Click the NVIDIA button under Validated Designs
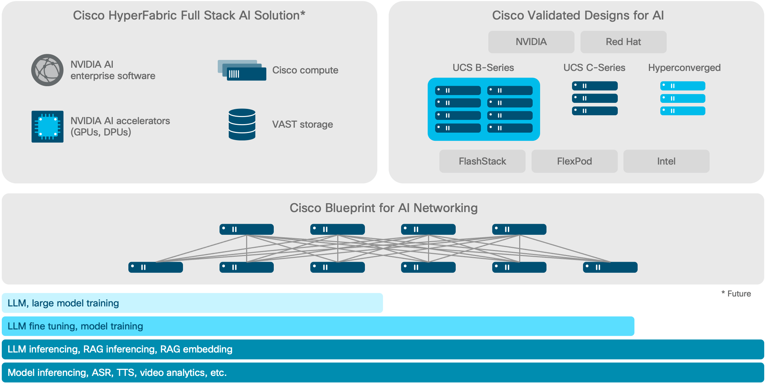coord(531,42)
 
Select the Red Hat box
coord(623,42)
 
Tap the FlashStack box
coord(482,161)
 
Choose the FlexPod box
coord(574,161)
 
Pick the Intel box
coord(666,161)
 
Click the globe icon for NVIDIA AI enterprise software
coord(47,70)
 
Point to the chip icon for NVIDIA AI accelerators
coord(47,127)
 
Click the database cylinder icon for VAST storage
coord(242,124)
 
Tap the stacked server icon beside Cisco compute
coord(242,70)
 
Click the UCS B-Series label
coord(483,68)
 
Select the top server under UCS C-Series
coord(595,86)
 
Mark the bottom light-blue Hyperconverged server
coord(682,111)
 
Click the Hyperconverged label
coord(684,68)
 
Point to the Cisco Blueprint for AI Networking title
coord(383,208)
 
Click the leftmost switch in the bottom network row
coord(155,267)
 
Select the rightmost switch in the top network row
coord(519,229)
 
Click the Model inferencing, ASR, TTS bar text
coord(117,373)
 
